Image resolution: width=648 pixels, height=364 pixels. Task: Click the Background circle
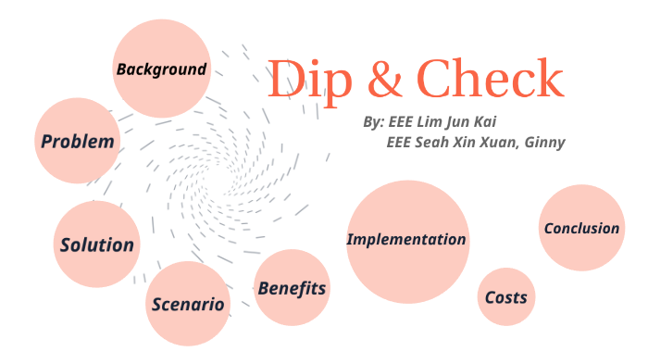coord(161,69)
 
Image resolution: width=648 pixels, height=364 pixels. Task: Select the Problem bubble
coord(78,142)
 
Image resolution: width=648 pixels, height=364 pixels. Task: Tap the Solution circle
coord(96,245)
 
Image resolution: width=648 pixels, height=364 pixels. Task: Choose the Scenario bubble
coord(188,304)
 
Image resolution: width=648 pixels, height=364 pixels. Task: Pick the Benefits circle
coord(292,288)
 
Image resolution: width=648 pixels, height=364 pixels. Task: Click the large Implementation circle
coord(406,240)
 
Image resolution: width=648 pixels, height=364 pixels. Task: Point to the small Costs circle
coord(506,297)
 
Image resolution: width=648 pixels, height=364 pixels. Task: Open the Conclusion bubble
coord(581,228)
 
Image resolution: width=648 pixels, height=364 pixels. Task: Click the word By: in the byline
coord(373,122)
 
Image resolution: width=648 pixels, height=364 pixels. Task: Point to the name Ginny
coord(545,143)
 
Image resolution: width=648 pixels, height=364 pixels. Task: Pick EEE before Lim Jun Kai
coord(402,122)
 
